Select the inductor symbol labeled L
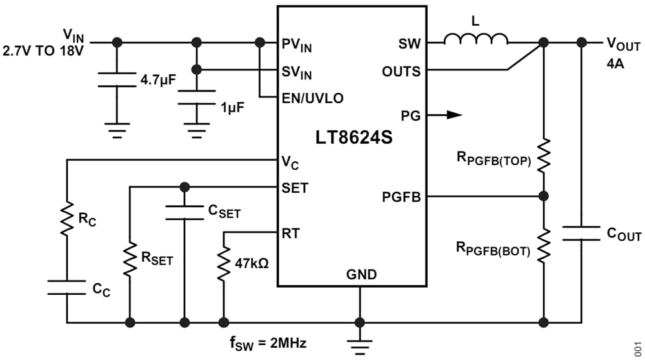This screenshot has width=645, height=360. click(x=476, y=40)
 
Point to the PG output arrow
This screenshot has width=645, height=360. click(x=453, y=115)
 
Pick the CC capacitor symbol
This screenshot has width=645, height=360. click(x=66, y=288)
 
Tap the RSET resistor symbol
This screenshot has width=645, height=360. click(x=130, y=258)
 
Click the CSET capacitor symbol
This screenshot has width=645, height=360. click(x=185, y=213)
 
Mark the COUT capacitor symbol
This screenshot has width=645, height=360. click(x=582, y=233)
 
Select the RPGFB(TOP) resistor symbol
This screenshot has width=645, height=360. click(x=544, y=155)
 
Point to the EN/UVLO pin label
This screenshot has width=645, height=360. click(x=312, y=98)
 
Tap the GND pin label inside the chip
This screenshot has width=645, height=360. click(x=361, y=274)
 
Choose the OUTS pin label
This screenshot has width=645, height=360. click(x=401, y=70)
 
